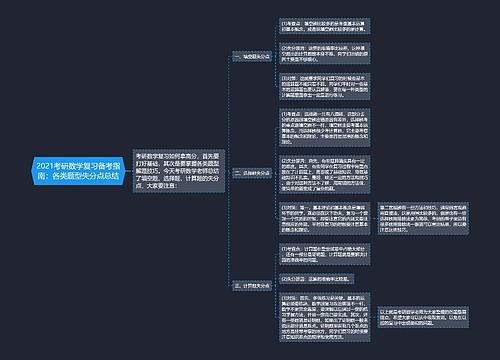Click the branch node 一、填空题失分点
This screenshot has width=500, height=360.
click(253, 57)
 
